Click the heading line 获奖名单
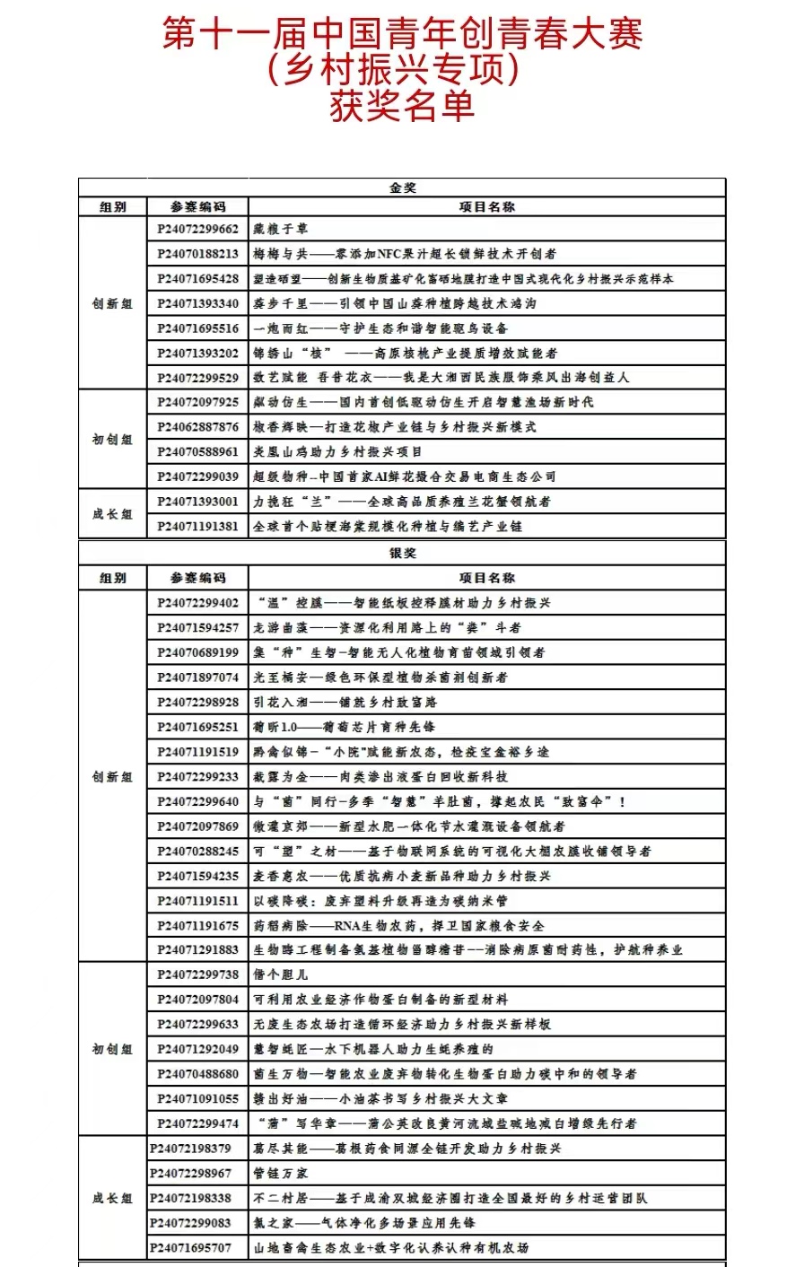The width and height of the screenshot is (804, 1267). pos(401,107)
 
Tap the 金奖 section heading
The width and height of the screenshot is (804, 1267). pos(402,188)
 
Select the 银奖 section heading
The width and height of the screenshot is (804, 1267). pos(402,553)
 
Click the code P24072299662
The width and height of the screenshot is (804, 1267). pos(198,230)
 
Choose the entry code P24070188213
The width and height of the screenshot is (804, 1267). pos(198,254)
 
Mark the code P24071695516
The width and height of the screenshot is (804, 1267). pos(198,328)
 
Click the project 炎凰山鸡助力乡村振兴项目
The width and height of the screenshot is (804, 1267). pos(337,452)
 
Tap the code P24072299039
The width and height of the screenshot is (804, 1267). pos(198,476)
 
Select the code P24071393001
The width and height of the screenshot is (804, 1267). pos(198,502)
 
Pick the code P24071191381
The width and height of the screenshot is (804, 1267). pos(198,527)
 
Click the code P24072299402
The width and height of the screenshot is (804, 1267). pos(198,603)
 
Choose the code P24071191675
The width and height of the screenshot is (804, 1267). pos(198,926)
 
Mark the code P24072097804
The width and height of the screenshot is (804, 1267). pos(198,1000)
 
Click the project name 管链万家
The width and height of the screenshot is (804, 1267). pos(281,1174)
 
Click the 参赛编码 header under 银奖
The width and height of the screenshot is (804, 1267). pos(198,578)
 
